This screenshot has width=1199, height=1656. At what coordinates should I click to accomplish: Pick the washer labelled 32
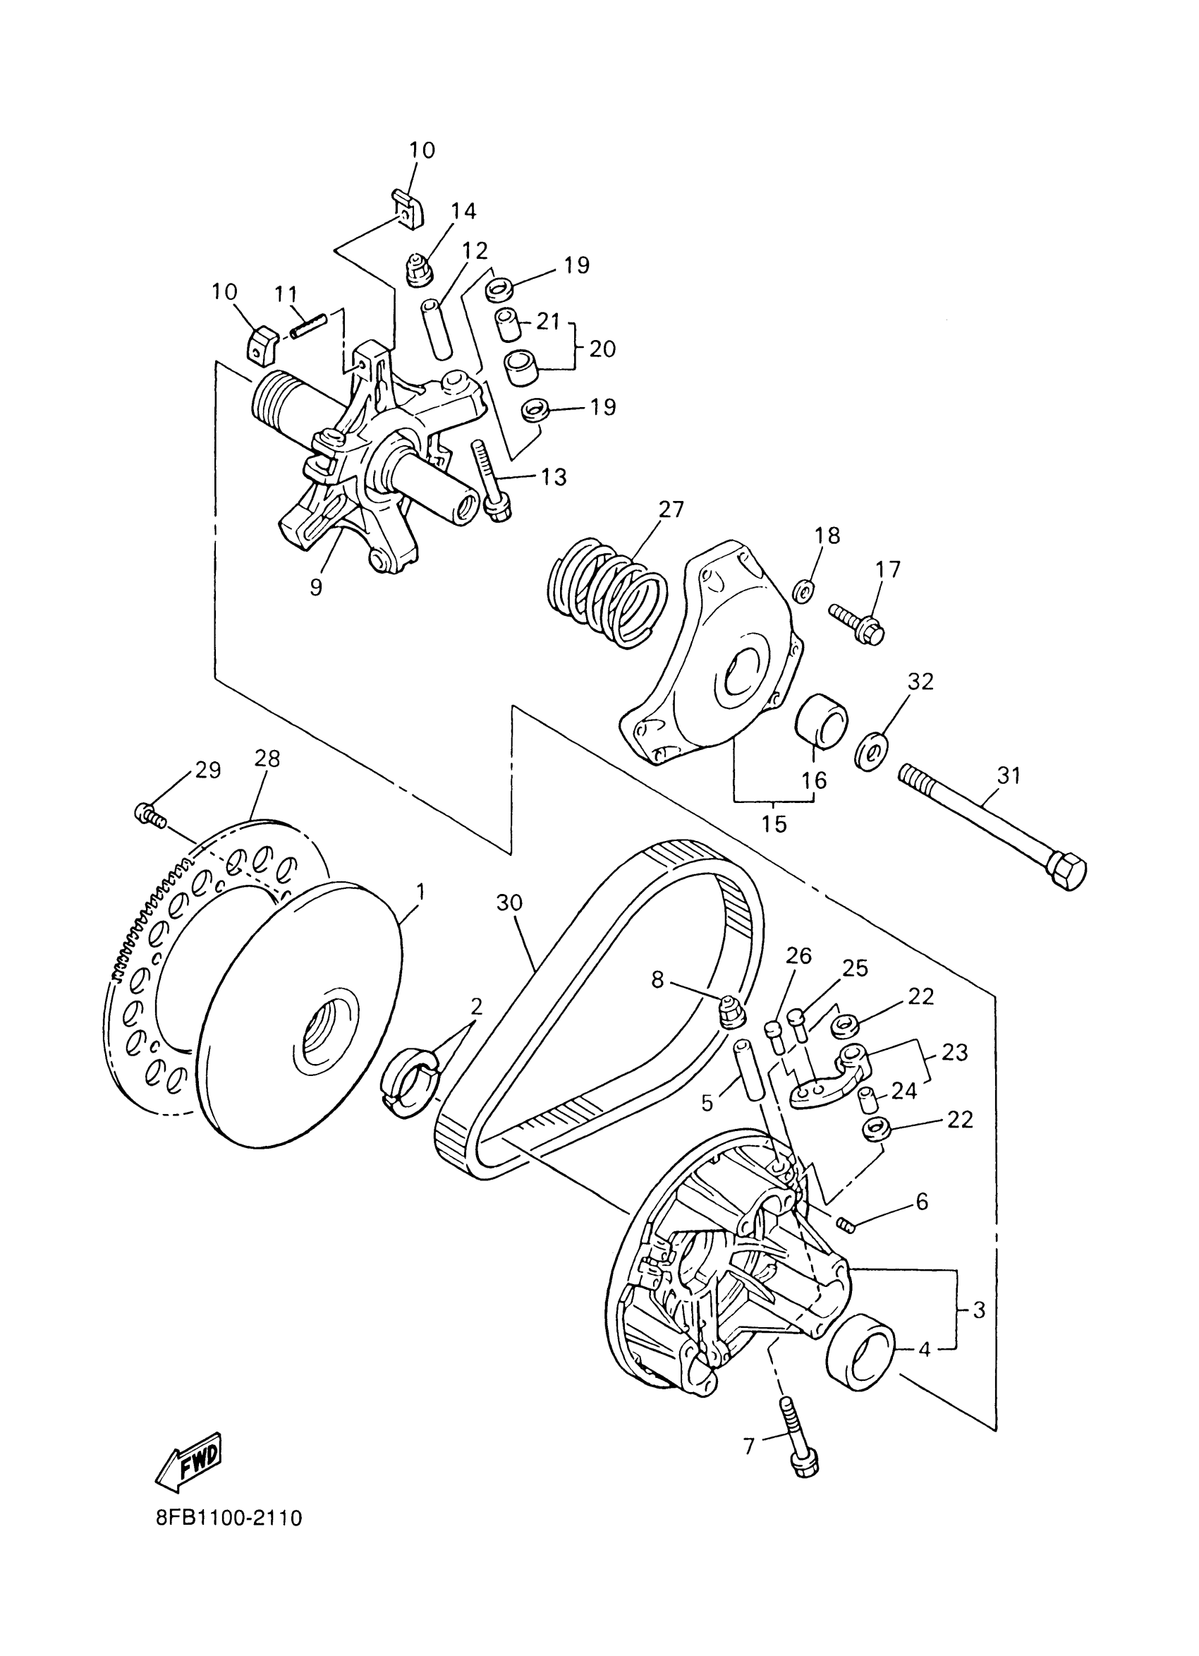pos(870,749)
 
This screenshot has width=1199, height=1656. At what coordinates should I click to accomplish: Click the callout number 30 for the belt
pos(509,902)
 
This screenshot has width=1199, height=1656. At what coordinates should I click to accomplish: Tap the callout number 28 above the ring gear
pos(267,759)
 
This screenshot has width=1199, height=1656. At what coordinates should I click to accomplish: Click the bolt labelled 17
pos(857,622)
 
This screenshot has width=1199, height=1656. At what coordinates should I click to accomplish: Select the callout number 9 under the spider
pos(315,587)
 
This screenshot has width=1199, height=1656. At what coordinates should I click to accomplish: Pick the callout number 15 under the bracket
pos(774,824)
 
